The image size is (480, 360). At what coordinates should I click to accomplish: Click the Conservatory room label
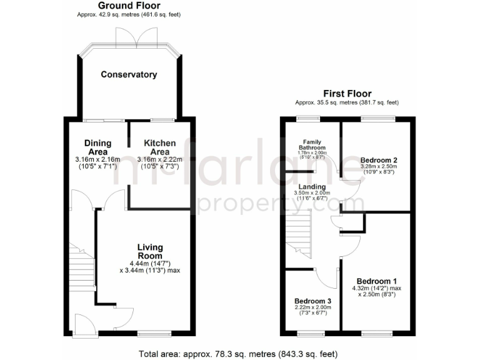(x=129, y=74)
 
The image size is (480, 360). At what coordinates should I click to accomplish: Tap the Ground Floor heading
(x=129, y=6)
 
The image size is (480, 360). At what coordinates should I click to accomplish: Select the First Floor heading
(x=347, y=92)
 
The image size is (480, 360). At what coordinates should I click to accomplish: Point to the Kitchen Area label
(x=159, y=147)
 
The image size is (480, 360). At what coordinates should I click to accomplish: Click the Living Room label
(x=150, y=251)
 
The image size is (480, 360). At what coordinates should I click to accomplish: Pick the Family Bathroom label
(x=312, y=144)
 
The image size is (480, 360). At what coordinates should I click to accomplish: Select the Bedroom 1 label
(x=376, y=281)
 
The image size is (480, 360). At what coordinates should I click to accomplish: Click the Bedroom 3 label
(x=312, y=301)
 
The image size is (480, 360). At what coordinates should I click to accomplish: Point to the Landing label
(x=312, y=186)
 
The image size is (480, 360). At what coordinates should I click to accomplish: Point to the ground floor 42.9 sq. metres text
(x=129, y=14)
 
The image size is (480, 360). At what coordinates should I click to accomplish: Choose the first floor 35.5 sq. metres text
(x=347, y=102)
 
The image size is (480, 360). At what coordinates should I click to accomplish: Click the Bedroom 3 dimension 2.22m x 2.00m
(x=312, y=308)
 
